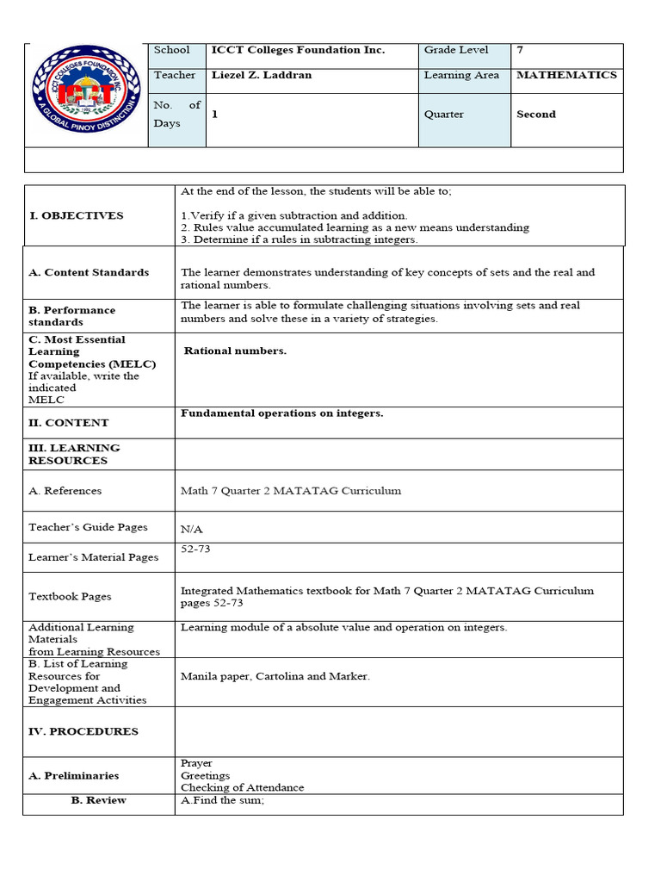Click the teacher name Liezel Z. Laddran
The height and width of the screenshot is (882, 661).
coord(262,75)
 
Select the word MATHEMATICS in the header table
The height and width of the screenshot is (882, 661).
coord(566,75)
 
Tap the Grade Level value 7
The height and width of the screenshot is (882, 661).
coord(520,50)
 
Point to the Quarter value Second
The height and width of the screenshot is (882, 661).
coord(536,114)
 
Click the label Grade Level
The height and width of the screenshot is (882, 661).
coord(456,50)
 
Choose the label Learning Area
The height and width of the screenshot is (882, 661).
coord(461,75)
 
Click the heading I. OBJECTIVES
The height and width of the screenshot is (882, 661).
coord(76,215)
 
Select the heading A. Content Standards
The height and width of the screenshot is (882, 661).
coord(89,272)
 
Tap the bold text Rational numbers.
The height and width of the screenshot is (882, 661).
coord(235,351)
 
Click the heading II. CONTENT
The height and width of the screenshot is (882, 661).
coord(69,423)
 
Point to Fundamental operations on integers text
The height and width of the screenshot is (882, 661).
coord(281,413)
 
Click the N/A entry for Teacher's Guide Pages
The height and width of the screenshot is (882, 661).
coord(192,530)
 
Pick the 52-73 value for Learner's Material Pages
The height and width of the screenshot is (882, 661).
coord(195,548)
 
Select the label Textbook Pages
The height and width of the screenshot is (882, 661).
coord(70,596)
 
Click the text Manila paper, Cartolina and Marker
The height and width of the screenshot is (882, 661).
coord(275,676)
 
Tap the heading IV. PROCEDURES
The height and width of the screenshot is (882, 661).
coord(83,731)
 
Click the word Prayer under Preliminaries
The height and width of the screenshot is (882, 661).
coord(196,763)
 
